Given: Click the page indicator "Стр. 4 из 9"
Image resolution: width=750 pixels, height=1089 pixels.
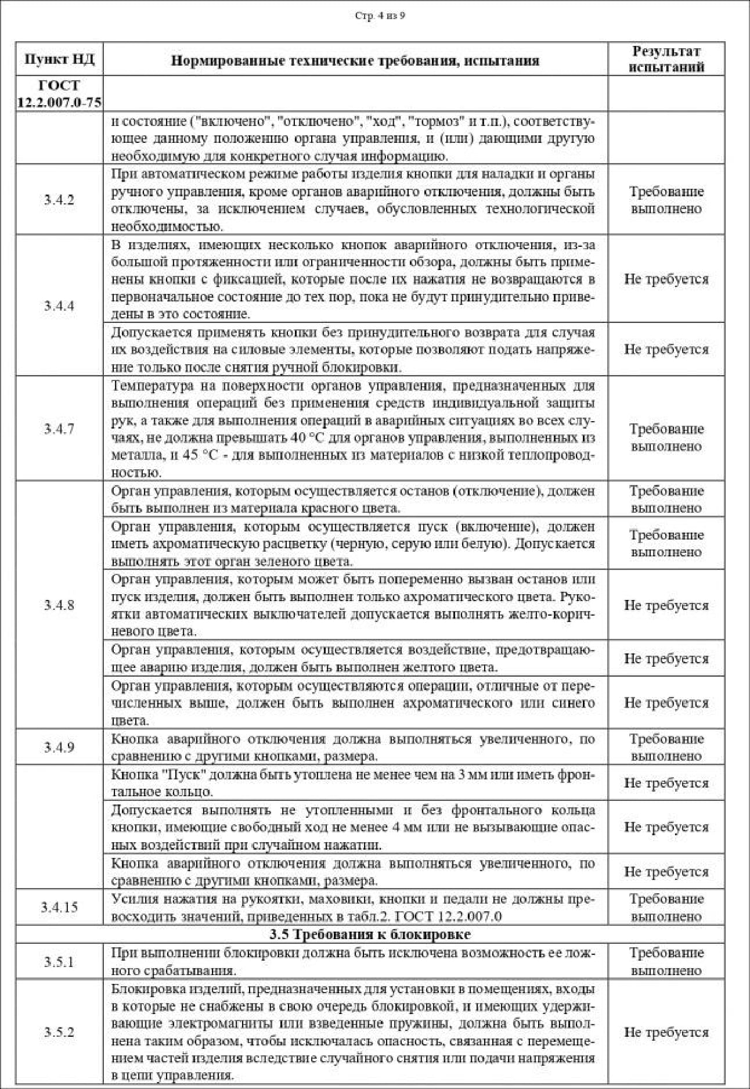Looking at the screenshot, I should click(380, 16).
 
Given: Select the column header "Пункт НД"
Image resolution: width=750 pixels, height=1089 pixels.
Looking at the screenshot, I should click(59, 59).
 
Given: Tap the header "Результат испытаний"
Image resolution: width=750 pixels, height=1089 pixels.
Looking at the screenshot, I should click(666, 59).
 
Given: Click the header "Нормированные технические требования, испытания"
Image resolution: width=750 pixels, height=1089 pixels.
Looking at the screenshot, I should click(355, 60).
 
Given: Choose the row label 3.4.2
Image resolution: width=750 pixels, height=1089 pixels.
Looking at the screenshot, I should click(59, 200).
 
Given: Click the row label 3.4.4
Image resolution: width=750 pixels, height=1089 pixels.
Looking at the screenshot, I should click(59, 306).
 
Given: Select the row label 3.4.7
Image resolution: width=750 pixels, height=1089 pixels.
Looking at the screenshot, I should click(59, 429).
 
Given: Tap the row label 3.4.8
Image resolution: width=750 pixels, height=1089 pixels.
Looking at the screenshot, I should click(59, 605).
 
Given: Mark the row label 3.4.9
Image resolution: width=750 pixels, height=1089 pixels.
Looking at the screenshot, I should click(59, 747).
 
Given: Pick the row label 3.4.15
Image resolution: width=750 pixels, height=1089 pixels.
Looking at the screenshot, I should click(59, 907).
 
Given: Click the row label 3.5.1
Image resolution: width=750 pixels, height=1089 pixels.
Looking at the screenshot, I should click(59, 962).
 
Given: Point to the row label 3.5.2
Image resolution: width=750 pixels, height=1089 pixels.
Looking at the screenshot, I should click(59, 1032).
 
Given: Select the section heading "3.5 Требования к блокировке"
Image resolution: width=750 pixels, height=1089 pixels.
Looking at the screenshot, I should click(370, 935).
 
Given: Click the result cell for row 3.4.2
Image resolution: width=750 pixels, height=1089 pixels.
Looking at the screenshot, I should click(666, 200).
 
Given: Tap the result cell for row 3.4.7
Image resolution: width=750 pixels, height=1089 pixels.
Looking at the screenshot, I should click(666, 437).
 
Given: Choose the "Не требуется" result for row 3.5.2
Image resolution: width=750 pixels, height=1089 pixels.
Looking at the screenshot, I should click(666, 1032).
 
